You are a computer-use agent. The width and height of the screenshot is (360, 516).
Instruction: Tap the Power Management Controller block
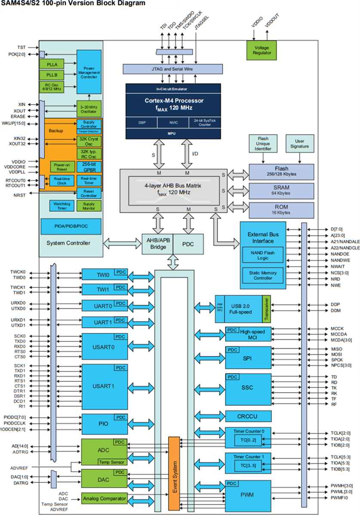[x=89, y=72]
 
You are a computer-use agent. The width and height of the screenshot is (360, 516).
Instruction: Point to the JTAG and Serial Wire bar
[x=173, y=69]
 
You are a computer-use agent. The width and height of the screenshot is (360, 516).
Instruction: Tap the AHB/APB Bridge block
[x=157, y=244]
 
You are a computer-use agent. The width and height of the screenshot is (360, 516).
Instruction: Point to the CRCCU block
[x=247, y=416]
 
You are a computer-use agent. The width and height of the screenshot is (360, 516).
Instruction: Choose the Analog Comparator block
[x=105, y=498]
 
